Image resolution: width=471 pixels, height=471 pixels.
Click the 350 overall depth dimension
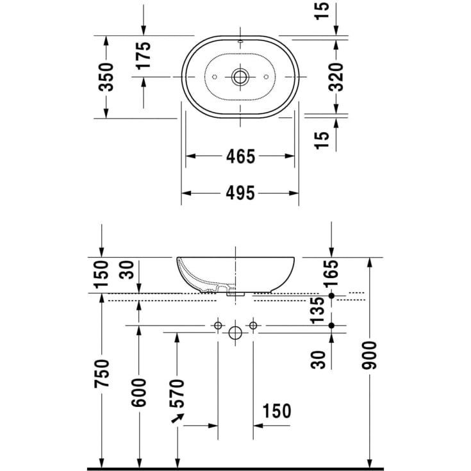(x=107, y=76)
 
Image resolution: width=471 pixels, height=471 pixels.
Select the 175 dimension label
(x=144, y=56)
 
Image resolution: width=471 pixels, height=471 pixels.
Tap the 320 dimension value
(x=338, y=76)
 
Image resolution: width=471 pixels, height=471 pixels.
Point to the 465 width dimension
(x=241, y=156)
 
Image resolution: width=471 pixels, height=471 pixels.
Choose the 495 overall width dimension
(x=241, y=193)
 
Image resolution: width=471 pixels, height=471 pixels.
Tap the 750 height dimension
(x=102, y=373)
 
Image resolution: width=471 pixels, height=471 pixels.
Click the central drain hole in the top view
(x=241, y=77)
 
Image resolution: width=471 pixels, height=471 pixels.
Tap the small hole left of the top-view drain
(x=216, y=77)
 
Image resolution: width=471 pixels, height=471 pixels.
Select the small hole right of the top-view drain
(x=266, y=77)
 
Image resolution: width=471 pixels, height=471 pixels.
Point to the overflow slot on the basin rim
(x=240, y=42)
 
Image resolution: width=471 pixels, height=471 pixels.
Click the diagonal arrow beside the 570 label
(x=178, y=420)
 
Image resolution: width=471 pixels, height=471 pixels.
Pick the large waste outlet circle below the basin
(x=235, y=333)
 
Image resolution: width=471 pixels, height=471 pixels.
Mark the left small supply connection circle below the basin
(x=218, y=326)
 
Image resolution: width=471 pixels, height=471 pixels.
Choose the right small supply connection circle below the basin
(x=253, y=326)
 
